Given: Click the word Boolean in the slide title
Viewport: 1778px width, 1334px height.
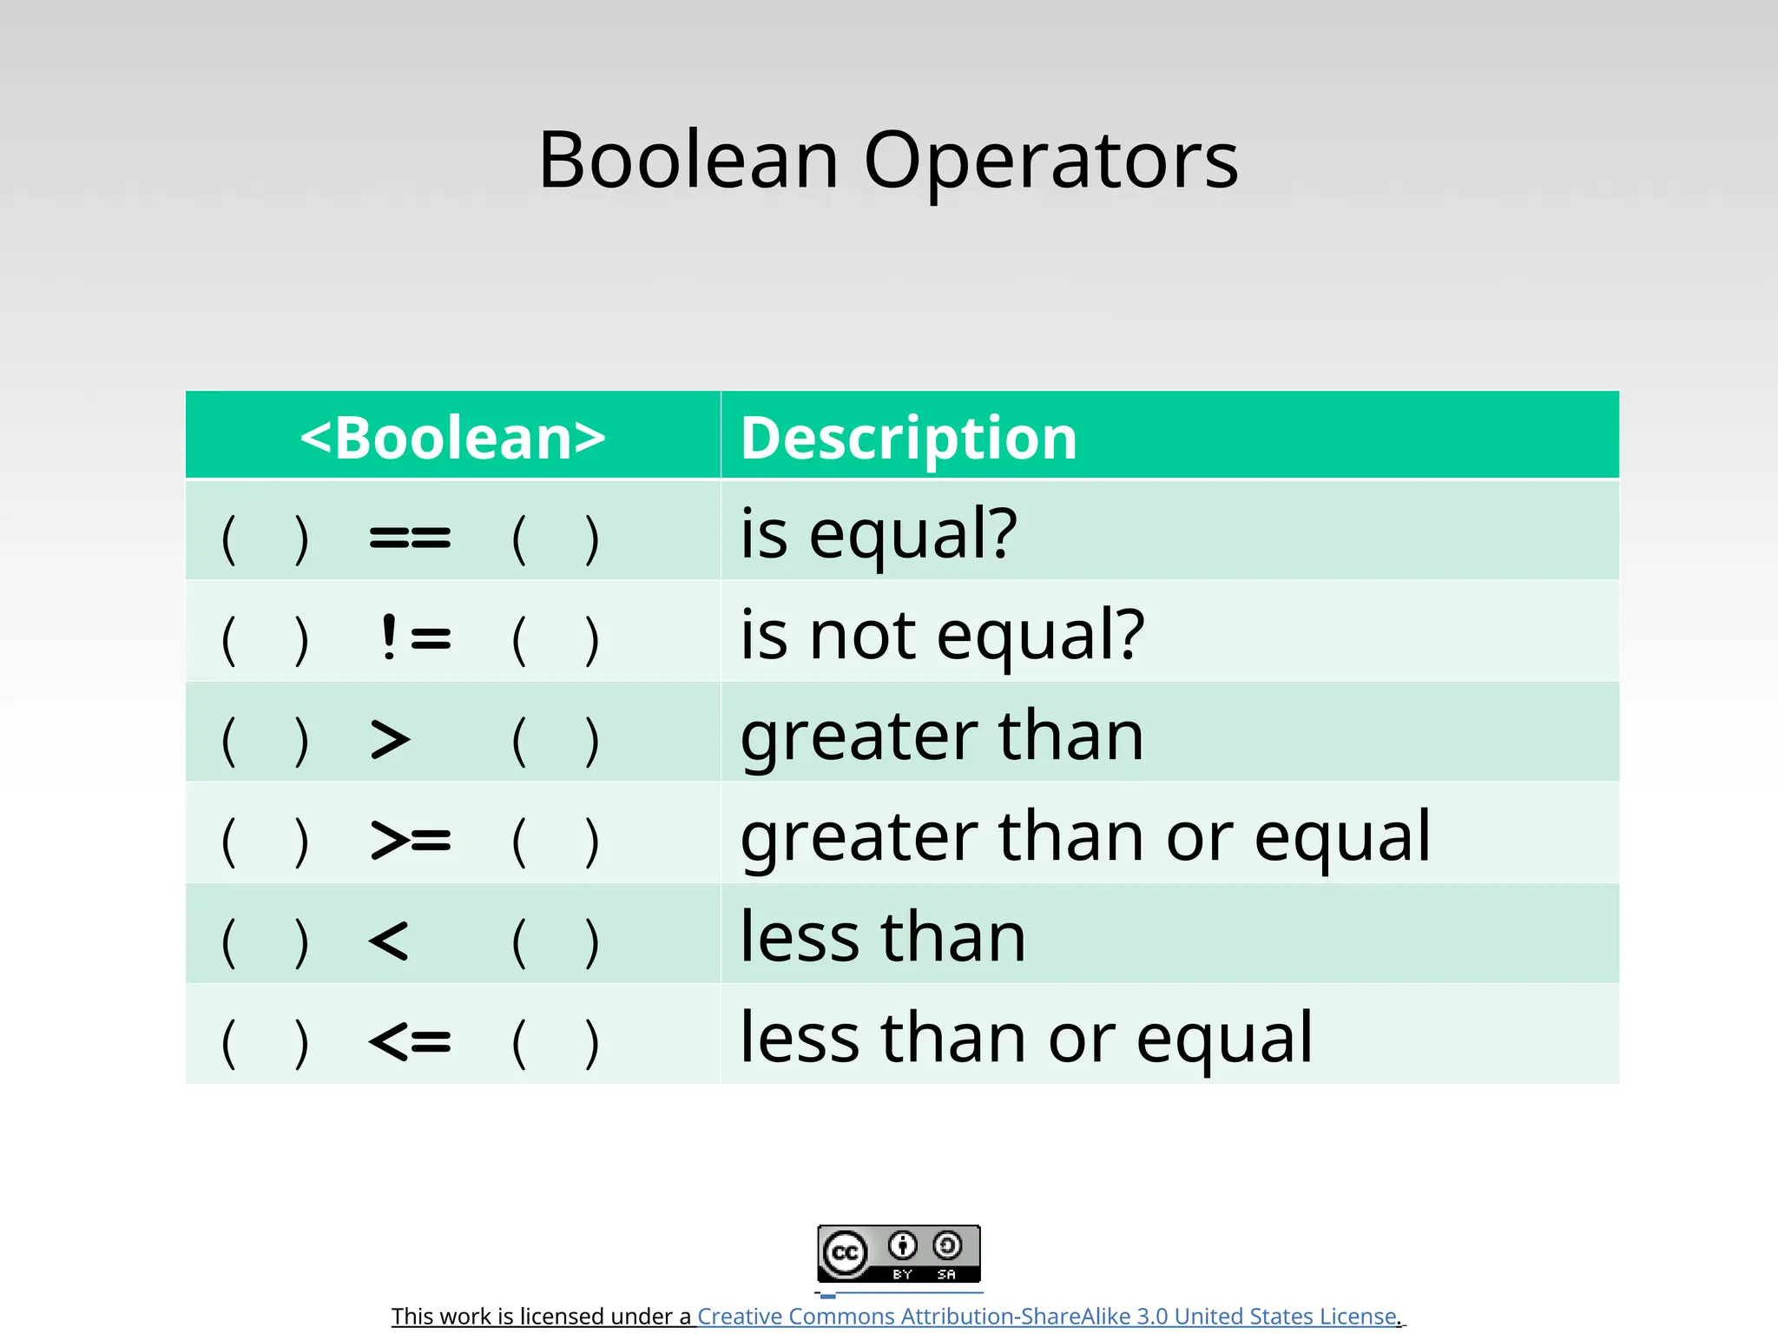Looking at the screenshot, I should click(688, 161).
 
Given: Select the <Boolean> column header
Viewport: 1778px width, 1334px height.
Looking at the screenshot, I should click(452, 437).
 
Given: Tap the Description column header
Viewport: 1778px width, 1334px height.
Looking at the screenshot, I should click(908, 437).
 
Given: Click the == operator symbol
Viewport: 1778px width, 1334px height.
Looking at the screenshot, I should click(410, 538).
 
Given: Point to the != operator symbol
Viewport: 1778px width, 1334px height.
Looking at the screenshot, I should click(415, 638).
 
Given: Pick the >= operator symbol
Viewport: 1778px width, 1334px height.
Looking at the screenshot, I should click(410, 840).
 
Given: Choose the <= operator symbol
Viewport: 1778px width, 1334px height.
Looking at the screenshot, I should click(410, 1040).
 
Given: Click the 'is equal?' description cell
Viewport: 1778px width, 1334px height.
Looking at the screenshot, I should click(878, 533).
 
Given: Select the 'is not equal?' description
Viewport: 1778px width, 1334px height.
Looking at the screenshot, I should click(942, 635).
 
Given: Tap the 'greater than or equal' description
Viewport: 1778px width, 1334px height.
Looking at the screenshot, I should click(1085, 836).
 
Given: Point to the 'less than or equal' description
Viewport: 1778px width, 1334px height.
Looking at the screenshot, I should click(1026, 1038).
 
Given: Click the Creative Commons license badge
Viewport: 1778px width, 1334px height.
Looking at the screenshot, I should click(899, 1253).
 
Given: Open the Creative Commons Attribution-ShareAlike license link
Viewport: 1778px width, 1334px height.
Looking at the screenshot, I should click(1047, 1316).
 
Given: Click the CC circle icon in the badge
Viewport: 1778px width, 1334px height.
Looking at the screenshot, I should click(845, 1253).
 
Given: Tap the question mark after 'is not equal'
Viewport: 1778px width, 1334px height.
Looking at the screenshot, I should click(1129, 633).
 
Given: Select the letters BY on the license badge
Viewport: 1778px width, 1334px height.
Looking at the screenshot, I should click(902, 1274).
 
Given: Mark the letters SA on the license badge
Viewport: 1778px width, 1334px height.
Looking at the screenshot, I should click(946, 1274).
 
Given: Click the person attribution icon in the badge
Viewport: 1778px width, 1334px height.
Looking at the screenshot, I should click(903, 1245).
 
